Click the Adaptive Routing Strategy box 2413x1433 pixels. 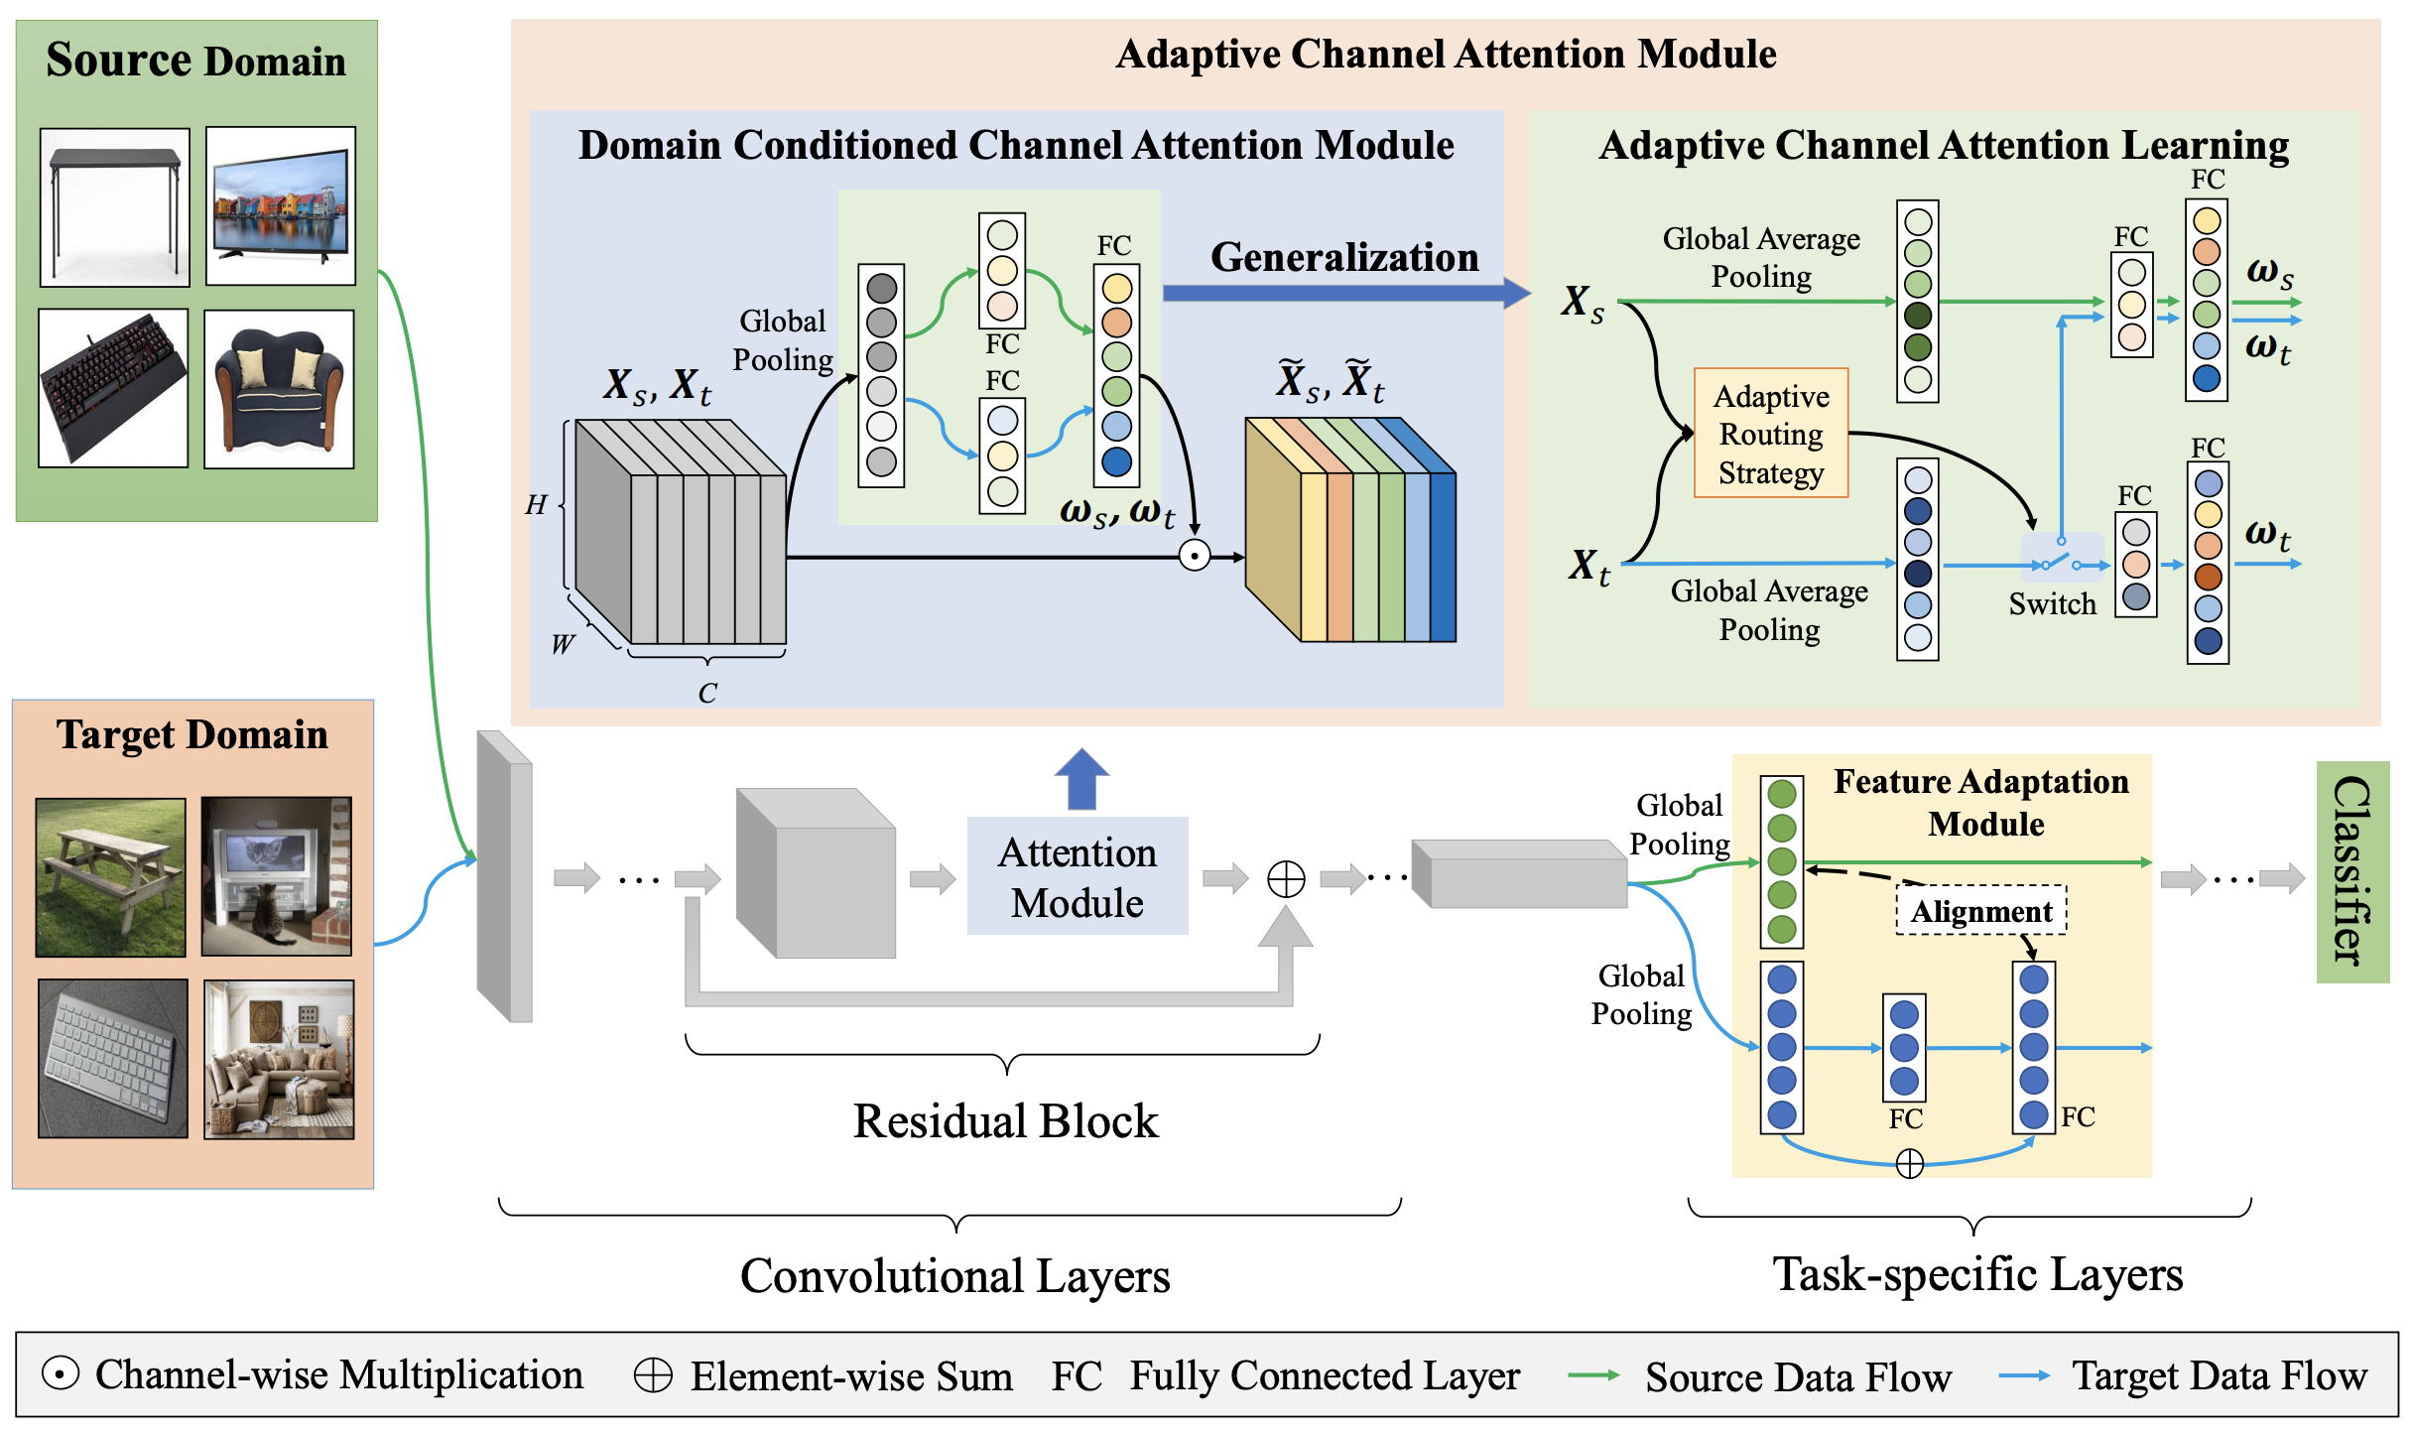(x=1770, y=433)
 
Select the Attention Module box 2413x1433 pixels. (x=1078, y=876)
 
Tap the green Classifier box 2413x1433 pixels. (x=2352, y=872)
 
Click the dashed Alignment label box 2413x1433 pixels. (x=1981, y=910)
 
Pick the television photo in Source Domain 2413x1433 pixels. (x=281, y=205)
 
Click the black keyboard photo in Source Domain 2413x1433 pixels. (x=113, y=388)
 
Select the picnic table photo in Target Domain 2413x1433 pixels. (x=111, y=877)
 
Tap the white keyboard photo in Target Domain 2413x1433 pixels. (x=113, y=1058)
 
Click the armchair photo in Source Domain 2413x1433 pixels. (x=279, y=389)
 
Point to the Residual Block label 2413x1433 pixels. (x=1005, y=1121)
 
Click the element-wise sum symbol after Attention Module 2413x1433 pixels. (x=1286, y=878)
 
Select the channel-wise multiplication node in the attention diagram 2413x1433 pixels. (x=1195, y=556)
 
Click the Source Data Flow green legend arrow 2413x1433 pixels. (x=1593, y=1375)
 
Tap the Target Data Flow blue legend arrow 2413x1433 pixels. (x=2024, y=1375)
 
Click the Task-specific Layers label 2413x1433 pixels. (x=1977, y=1274)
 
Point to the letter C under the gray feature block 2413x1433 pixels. (x=707, y=693)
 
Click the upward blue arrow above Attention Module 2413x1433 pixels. (x=1081, y=778)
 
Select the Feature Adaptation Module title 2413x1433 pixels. (x=1981, y=802)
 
